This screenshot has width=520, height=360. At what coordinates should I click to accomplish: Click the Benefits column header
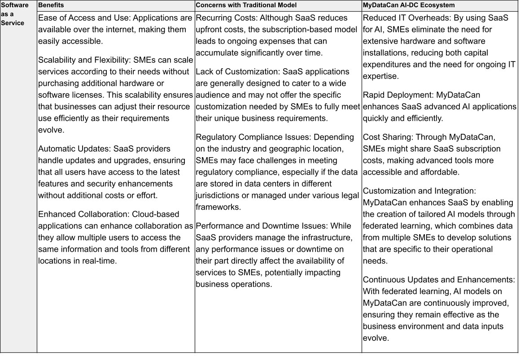(51, 5)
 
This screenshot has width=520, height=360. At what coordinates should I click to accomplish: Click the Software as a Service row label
(15, 13)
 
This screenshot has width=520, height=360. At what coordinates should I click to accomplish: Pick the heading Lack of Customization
(233, 72)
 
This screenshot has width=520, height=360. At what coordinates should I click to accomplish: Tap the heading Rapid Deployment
(397, 95)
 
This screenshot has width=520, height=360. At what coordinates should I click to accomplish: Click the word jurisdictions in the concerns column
(218, 196)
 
